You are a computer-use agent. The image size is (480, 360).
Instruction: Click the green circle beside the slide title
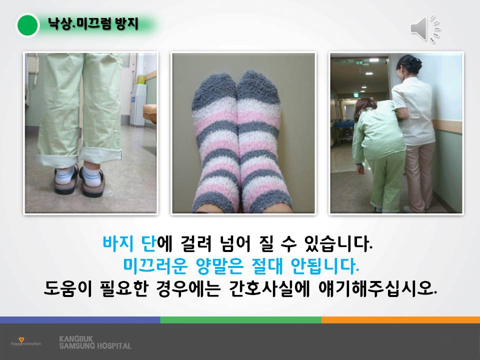[x=27, y=25]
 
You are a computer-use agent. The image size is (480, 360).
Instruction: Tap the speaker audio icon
[x=425, y=28]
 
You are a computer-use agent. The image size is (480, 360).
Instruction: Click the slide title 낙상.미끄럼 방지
[x=93, y=24]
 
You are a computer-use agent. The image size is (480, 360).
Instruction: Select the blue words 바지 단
[x=129, y=243]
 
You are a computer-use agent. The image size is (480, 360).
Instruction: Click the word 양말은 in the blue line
[x=219, y=265]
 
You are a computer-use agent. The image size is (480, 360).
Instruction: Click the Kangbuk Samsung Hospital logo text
[x=95, y=342]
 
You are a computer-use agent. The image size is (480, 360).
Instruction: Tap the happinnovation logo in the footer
[x=25, y=342]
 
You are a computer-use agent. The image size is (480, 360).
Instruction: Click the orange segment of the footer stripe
[x=400, y=320]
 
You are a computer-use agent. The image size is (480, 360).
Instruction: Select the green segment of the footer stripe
[x=240, y=320]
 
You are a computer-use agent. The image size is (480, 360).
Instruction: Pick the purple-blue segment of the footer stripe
[x=80, y=320]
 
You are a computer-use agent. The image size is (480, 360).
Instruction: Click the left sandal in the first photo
[x=66, y=180]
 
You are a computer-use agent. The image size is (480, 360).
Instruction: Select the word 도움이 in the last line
[x=67, y=288]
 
